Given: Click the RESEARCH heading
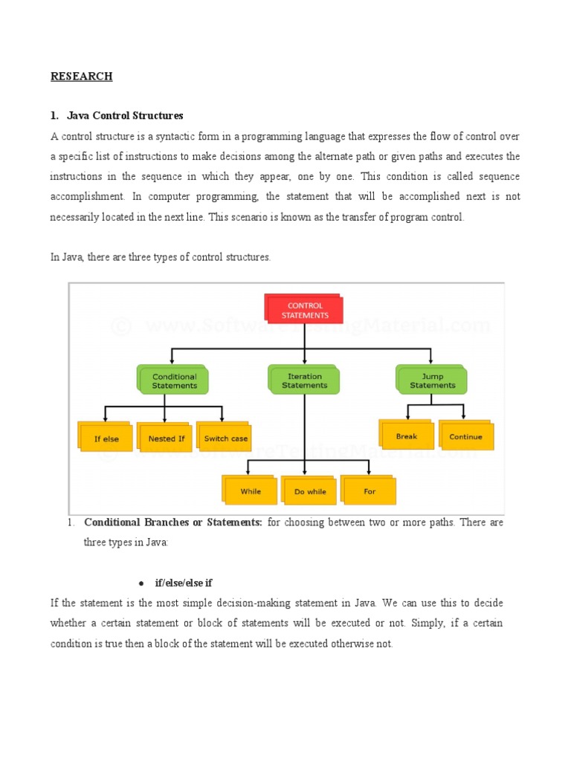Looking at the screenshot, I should coord(81,77).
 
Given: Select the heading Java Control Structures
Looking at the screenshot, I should coord(124,116).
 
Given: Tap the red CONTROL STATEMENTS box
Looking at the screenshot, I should coord(305,310).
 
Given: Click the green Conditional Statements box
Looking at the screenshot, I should coord(174,380).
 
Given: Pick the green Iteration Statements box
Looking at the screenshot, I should coord(304,380).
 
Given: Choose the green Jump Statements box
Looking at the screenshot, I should coord(433,380).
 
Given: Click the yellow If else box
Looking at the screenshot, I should coord(106,438).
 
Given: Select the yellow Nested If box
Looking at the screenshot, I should coord(167,438).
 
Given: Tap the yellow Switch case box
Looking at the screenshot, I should coord(225,438).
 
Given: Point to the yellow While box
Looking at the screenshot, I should coord(251,491).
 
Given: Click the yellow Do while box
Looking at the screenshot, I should coord(310,491).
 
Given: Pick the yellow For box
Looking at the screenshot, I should coord(370,491).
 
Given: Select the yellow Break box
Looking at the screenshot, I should coord(407,436).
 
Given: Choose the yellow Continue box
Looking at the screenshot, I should coord(465,436).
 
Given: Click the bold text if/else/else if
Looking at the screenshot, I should coord(184,583).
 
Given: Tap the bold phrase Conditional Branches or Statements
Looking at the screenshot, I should coord(172,522).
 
